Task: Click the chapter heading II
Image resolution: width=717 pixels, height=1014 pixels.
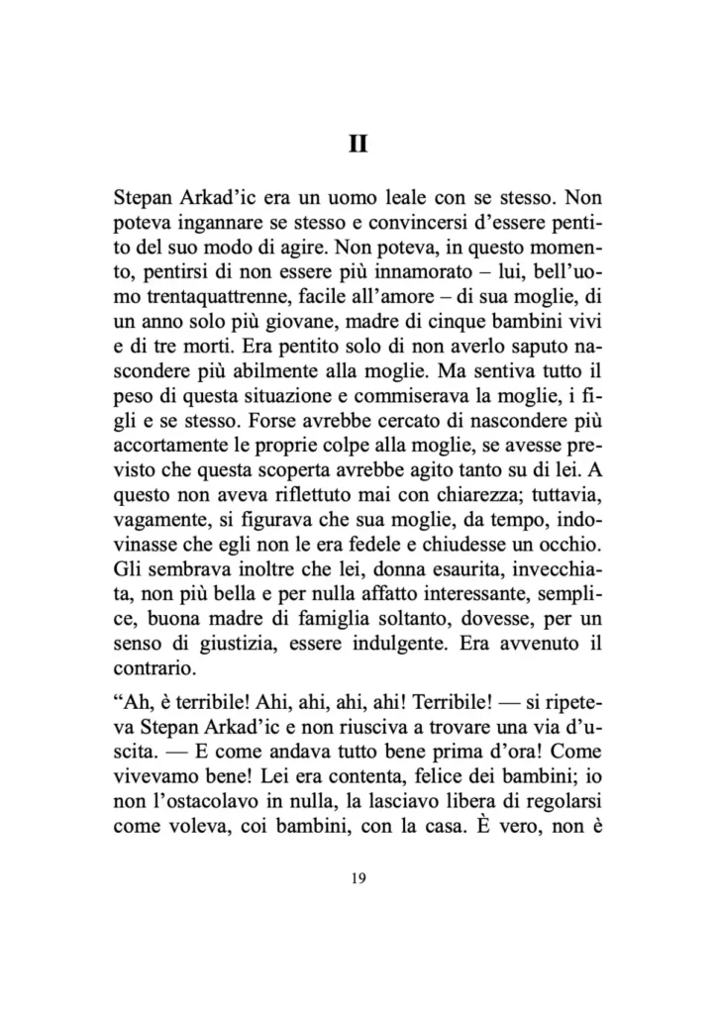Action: click(x=358, y=145)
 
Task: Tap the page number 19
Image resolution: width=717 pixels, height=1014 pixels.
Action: click(x=358, y=883)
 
